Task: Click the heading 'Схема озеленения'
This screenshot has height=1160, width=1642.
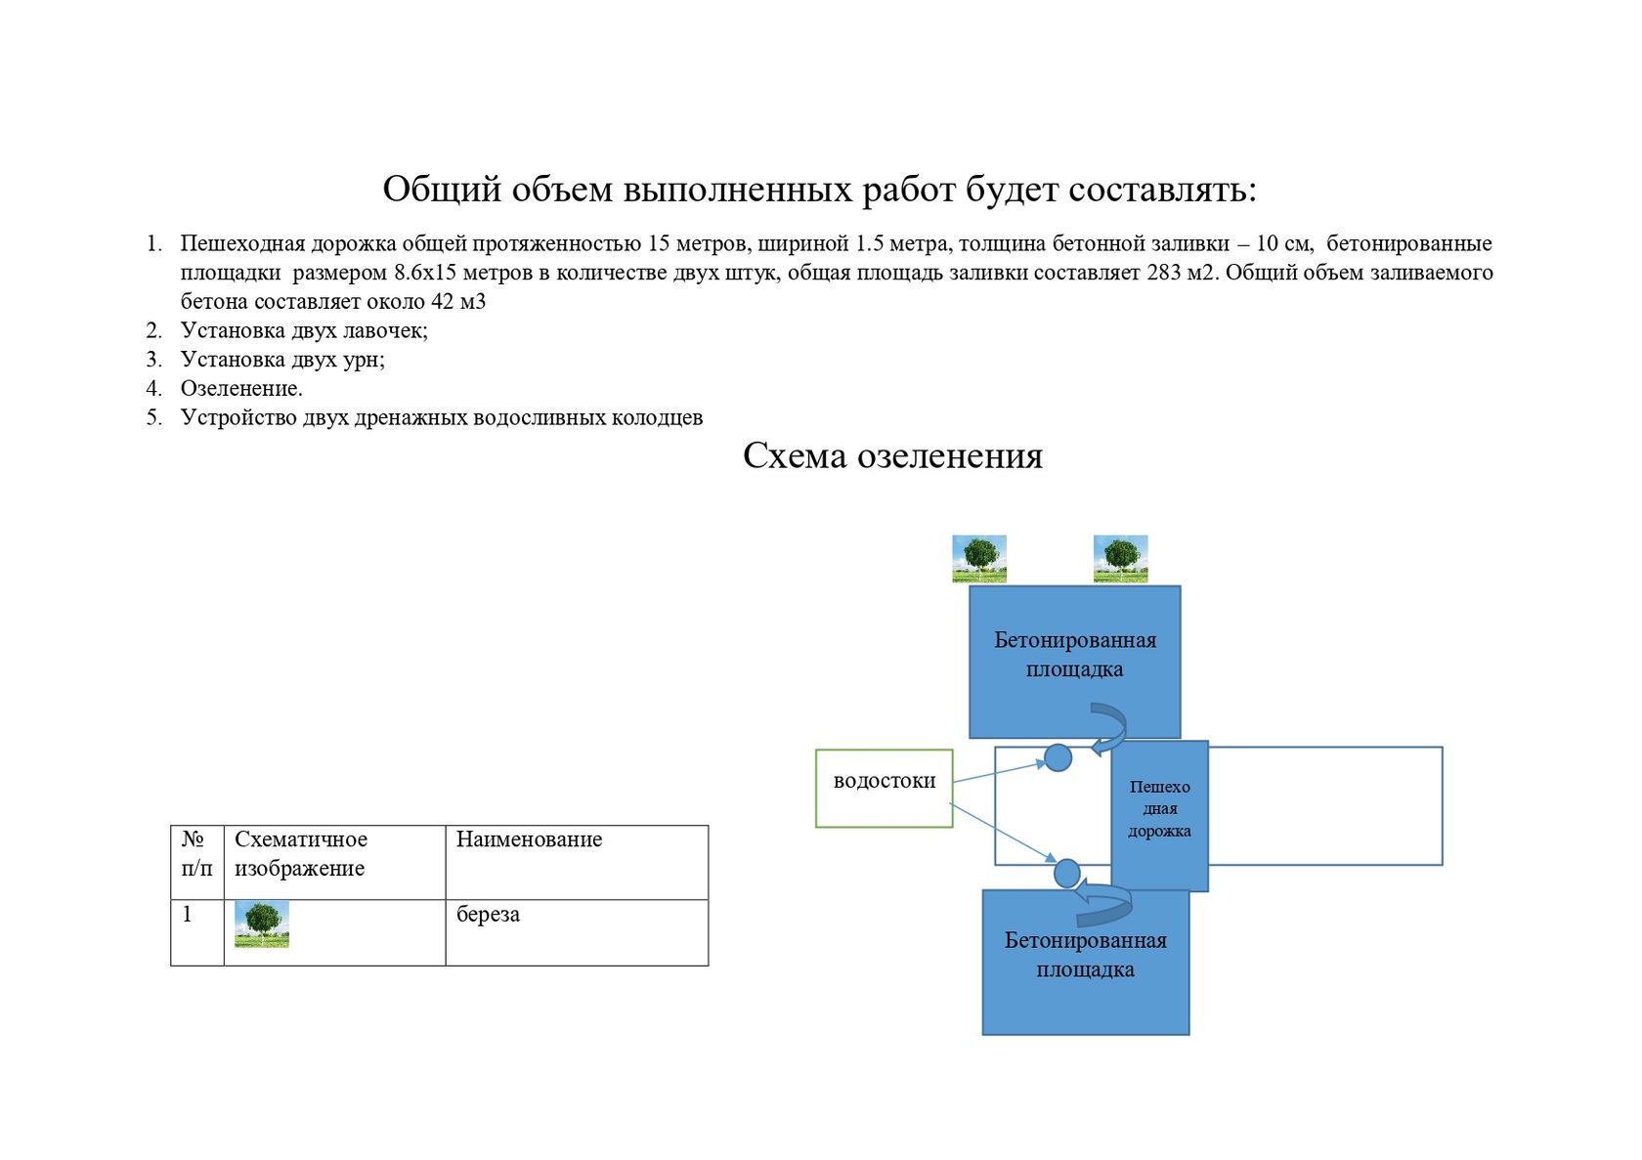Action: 892,455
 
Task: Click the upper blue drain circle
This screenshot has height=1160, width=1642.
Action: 1058,757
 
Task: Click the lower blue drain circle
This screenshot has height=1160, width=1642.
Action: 1066,872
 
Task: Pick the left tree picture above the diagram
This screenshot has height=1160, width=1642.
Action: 979,559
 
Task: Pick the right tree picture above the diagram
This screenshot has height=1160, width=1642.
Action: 1120,559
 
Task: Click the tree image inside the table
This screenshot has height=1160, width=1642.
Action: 262,924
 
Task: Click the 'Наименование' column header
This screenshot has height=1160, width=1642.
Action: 529,839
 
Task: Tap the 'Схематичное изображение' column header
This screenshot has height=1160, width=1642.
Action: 301,853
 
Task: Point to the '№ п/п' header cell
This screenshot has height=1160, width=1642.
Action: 196,853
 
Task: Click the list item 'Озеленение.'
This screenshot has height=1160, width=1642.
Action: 241,388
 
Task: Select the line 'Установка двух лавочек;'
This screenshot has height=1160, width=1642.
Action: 304,330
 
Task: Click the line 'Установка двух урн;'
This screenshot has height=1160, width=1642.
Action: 282,360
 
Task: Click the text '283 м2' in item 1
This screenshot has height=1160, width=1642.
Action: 1182,273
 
